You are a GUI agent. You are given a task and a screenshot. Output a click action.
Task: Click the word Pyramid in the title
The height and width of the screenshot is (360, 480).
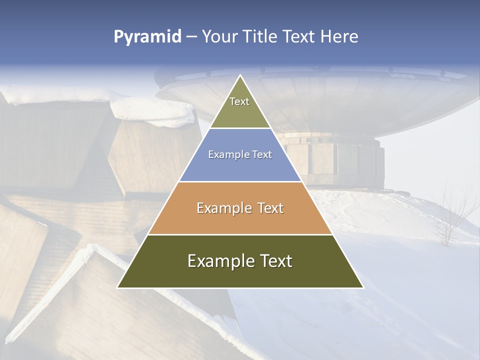147,37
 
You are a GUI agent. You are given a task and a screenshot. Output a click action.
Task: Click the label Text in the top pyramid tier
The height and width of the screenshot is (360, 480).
239,101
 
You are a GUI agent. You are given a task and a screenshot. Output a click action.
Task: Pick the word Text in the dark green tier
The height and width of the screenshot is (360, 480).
274,261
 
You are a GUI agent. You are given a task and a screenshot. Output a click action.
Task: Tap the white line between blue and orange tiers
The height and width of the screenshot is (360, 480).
240,181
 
